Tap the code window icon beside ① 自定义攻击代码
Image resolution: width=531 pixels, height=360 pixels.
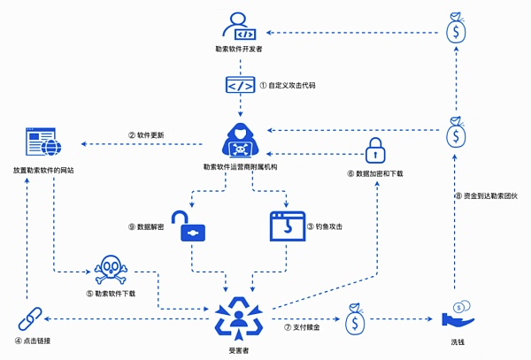(x=240, y=86)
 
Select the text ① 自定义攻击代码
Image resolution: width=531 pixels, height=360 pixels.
(x=287, y=87)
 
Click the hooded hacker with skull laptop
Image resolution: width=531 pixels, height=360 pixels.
(x=241, y=138)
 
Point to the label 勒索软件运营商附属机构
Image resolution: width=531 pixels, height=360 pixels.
(x=241, y=165)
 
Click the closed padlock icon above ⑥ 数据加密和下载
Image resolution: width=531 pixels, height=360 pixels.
(x=374, y=150)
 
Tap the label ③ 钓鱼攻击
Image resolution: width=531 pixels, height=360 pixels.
(x=325, y=226)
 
